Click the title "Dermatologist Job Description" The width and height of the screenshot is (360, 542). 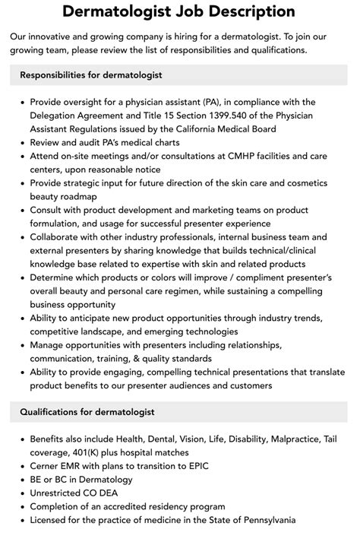[179, 11]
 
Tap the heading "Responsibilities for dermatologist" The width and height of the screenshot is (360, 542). [91, 75]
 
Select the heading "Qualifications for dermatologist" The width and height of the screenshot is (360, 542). [87, 412]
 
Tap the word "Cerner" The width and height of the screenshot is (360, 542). [49, 466]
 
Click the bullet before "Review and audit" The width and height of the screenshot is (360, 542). [22, 142]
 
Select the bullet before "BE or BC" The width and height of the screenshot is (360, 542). [22, 480]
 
